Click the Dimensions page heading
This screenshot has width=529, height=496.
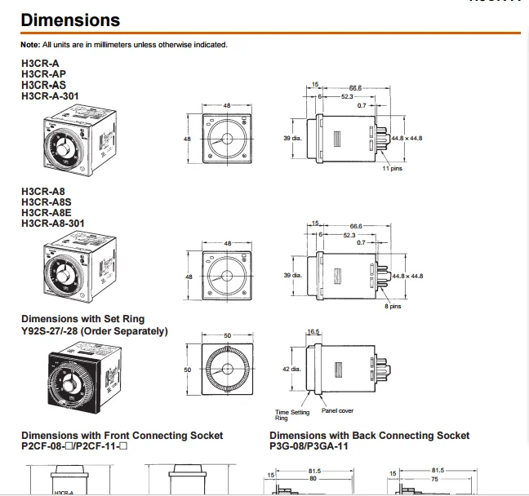click(x=70, y=20)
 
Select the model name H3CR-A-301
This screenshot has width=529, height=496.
click(x=51, y=95)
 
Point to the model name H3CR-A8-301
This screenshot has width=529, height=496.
click(x=52, y=223)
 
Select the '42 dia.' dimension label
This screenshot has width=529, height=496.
click(x=292, y=370)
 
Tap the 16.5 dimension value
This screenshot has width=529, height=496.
click(x=313, y=332)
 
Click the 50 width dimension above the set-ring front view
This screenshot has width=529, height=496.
click(x=228, y=335)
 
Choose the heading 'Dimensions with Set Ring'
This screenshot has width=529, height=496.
click(x=82, y=319)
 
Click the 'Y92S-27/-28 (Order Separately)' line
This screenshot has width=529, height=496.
click(x=94, y=330)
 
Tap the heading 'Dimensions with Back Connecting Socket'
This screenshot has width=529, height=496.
click(x=369, y=436)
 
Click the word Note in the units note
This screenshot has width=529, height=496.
click(x=29, y=44)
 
